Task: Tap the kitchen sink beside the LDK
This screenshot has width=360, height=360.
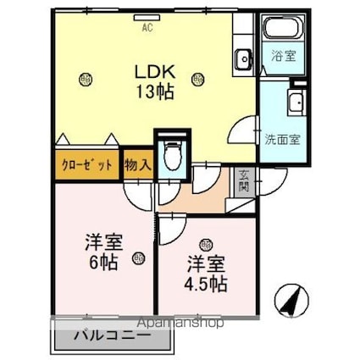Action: (x=243, y=58)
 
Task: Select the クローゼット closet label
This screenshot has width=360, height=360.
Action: (x=86, y=163)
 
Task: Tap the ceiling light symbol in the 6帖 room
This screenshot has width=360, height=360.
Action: (x=138, y=259)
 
